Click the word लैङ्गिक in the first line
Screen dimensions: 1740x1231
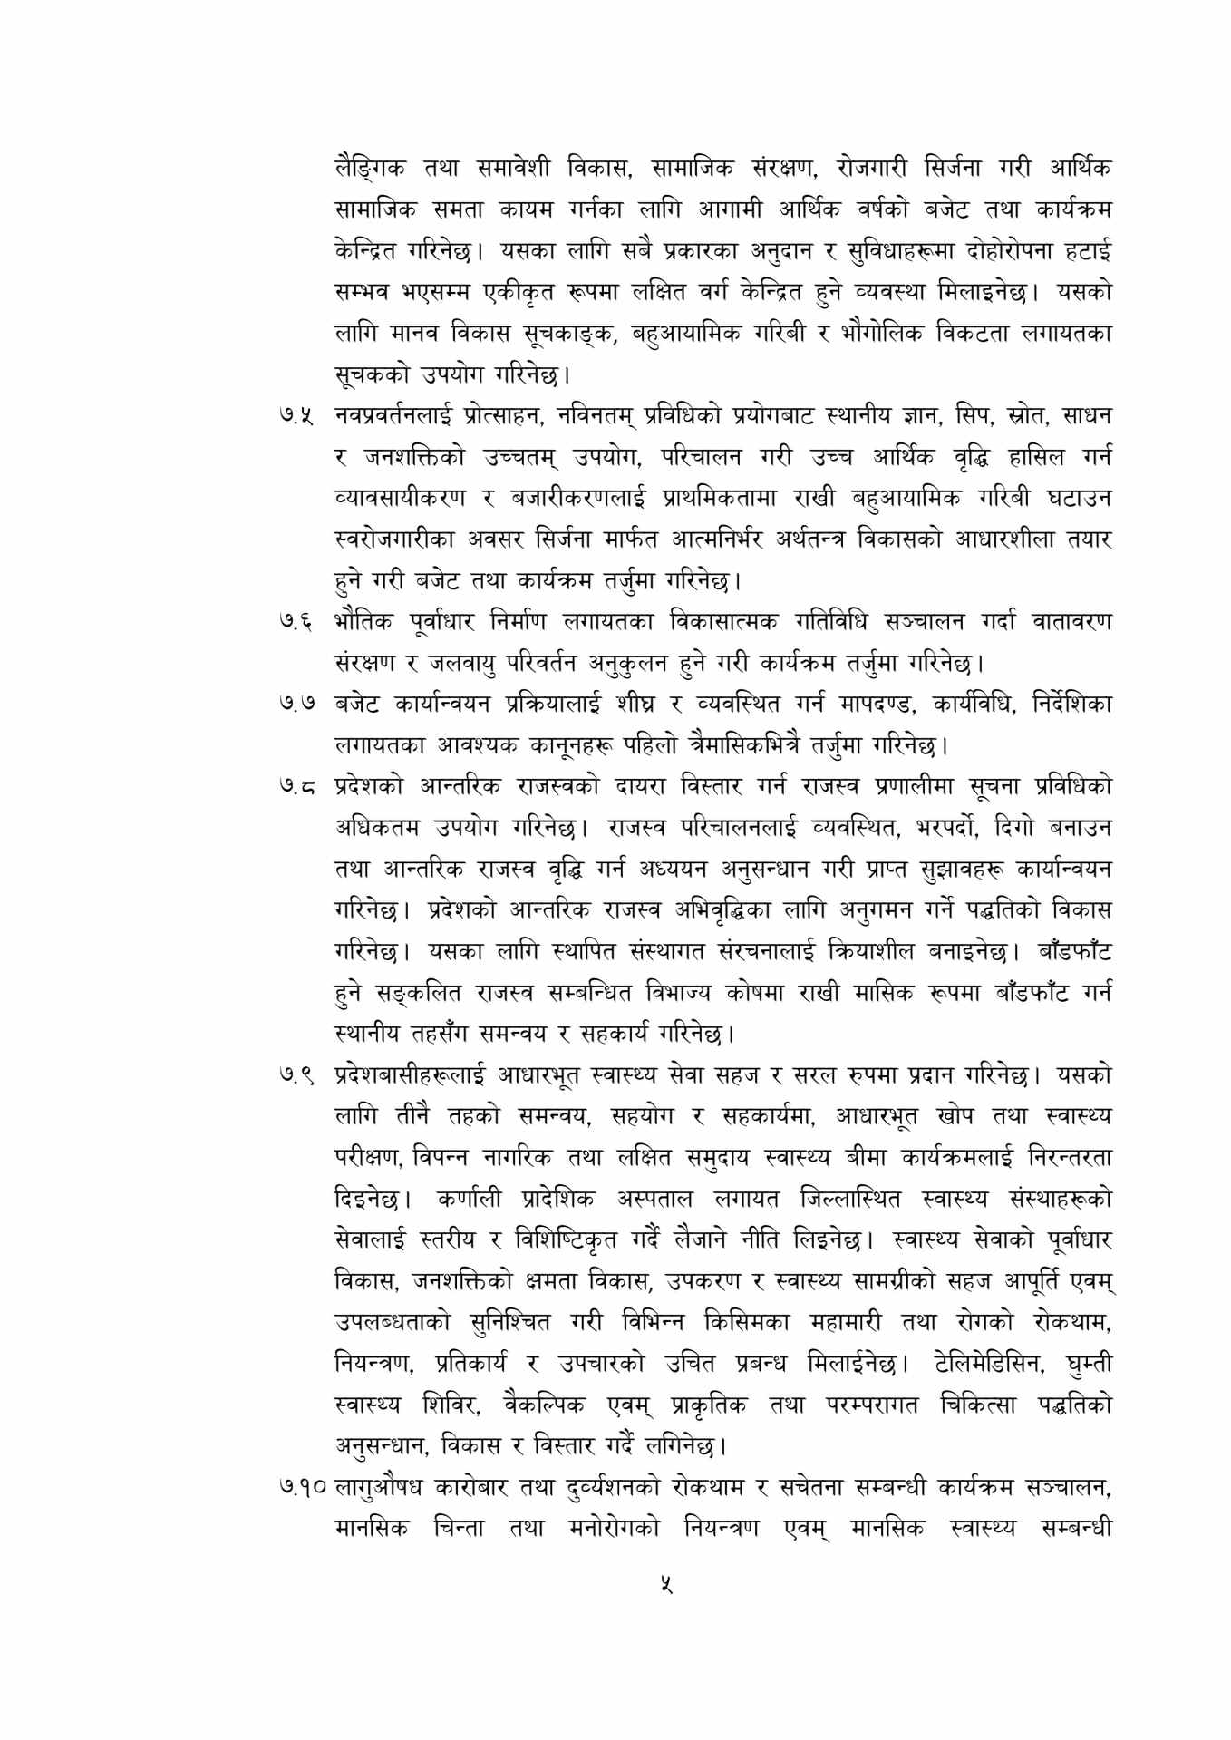click(371, 170)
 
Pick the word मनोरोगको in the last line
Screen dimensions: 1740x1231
click(616, 1529)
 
